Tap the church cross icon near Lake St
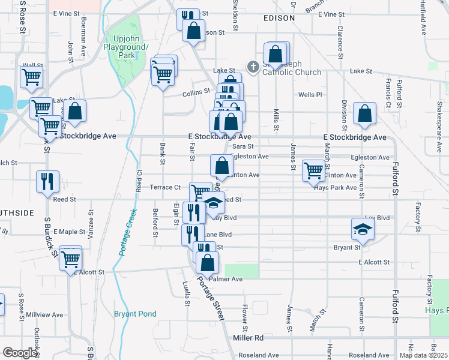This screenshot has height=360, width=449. coord(253,67)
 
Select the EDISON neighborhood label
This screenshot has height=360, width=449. coord(279,18)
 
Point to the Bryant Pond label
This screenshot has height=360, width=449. coord(135,314)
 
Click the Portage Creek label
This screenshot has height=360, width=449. coord(125,232)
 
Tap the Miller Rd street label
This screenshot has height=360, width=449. coord(249,338)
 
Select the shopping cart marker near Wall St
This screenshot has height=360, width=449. coord(31,77)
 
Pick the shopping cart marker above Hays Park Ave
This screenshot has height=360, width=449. coord(313,170)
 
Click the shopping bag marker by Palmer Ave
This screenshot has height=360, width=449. coord(207,262)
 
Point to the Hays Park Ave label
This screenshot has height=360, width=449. coord(336,187)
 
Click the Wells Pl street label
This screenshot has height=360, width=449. coord(310,95)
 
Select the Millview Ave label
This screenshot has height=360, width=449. coord(44,314)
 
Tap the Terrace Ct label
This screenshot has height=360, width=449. coord(165,187)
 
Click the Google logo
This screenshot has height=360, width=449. coord(20,353)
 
